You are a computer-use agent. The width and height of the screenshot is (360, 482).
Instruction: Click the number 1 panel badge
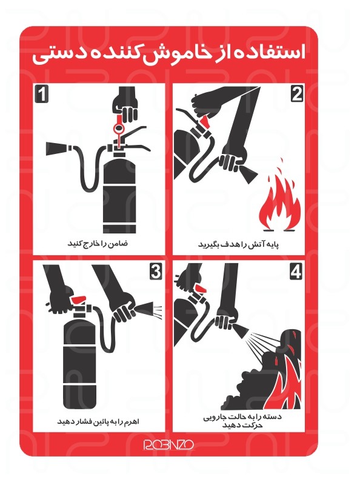click(41, 94)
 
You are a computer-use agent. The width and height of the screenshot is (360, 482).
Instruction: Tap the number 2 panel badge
click(297, 94)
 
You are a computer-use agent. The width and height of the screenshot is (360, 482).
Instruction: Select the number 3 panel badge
click(156, 272)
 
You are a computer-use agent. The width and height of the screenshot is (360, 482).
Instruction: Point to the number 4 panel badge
click(296, 272)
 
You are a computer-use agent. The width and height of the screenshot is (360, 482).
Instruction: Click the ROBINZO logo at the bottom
click(168, 444)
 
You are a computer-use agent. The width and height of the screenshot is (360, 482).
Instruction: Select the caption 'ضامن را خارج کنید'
click(98, 244)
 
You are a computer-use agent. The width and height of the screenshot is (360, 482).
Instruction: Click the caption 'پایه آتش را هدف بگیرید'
click(239, 244)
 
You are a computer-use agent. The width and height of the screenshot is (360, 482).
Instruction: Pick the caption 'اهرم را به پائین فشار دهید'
click(98, 421)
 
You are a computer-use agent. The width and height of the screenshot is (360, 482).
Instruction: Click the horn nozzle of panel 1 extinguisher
click(57, 149)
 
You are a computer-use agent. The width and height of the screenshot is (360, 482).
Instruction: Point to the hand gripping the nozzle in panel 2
click(232, 159)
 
